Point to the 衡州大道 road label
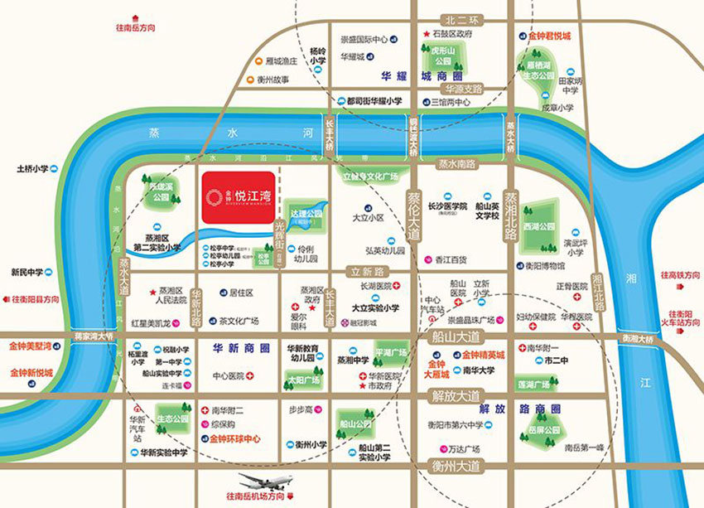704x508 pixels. pos(456,466)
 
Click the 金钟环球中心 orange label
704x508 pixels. pos(235,438)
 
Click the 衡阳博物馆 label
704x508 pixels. pos(544,266)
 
